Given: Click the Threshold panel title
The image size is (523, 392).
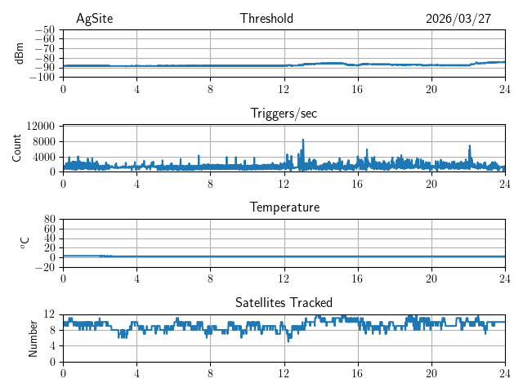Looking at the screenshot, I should [x=266, y=19].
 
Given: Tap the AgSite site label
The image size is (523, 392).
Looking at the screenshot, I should [x=94, y=19].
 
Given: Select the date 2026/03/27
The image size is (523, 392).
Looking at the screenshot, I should [x=458, y=19].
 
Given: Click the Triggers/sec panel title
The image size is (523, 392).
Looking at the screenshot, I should [x=284, y=114].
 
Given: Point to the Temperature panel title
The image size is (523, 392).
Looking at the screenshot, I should [x=284, y=207].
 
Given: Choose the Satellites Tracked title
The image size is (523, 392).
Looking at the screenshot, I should [x=284, y=302].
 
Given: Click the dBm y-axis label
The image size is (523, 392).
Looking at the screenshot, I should [x=20, y=52].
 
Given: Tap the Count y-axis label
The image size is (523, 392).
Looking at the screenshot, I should [x=17, y=148].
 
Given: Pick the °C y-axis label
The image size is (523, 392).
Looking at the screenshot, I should [x=25, y=243].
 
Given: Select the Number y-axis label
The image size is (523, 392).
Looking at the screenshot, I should [x=33, y=337].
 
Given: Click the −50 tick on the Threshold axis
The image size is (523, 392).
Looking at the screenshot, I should [x=44, y=29].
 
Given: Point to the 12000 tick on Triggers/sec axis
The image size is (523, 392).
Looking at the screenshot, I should [x=41, y=127].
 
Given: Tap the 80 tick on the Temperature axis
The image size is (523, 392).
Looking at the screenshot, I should [x=50, y=220].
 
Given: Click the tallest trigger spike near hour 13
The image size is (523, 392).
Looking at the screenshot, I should [x=303, y=140].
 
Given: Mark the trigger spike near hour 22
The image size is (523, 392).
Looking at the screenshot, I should [x=470, y=146].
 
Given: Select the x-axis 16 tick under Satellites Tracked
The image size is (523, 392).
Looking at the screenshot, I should [x=357, y=373].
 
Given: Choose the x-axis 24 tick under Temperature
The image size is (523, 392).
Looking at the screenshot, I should [x=504, y=278].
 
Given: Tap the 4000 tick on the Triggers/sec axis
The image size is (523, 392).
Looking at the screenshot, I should [x=44, y=157].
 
